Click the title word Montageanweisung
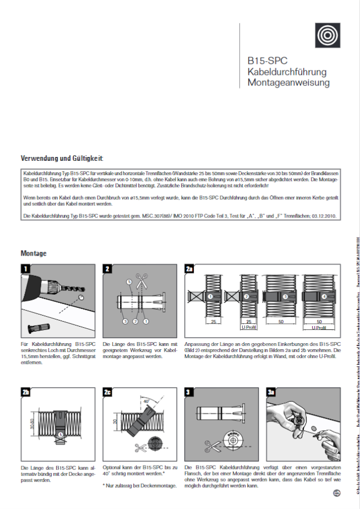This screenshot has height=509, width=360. (x=288, y=83)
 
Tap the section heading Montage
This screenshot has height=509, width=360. (x=34, y=253)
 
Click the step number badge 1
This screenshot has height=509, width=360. (x=26, y=269)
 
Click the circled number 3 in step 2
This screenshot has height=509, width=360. (x=125, y=321)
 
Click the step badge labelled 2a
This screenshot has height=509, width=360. (x=189, y=269)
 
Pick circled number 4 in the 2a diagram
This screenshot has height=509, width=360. (x=324, y=297)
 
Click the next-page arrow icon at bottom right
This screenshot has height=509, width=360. (x=337, y=494)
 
